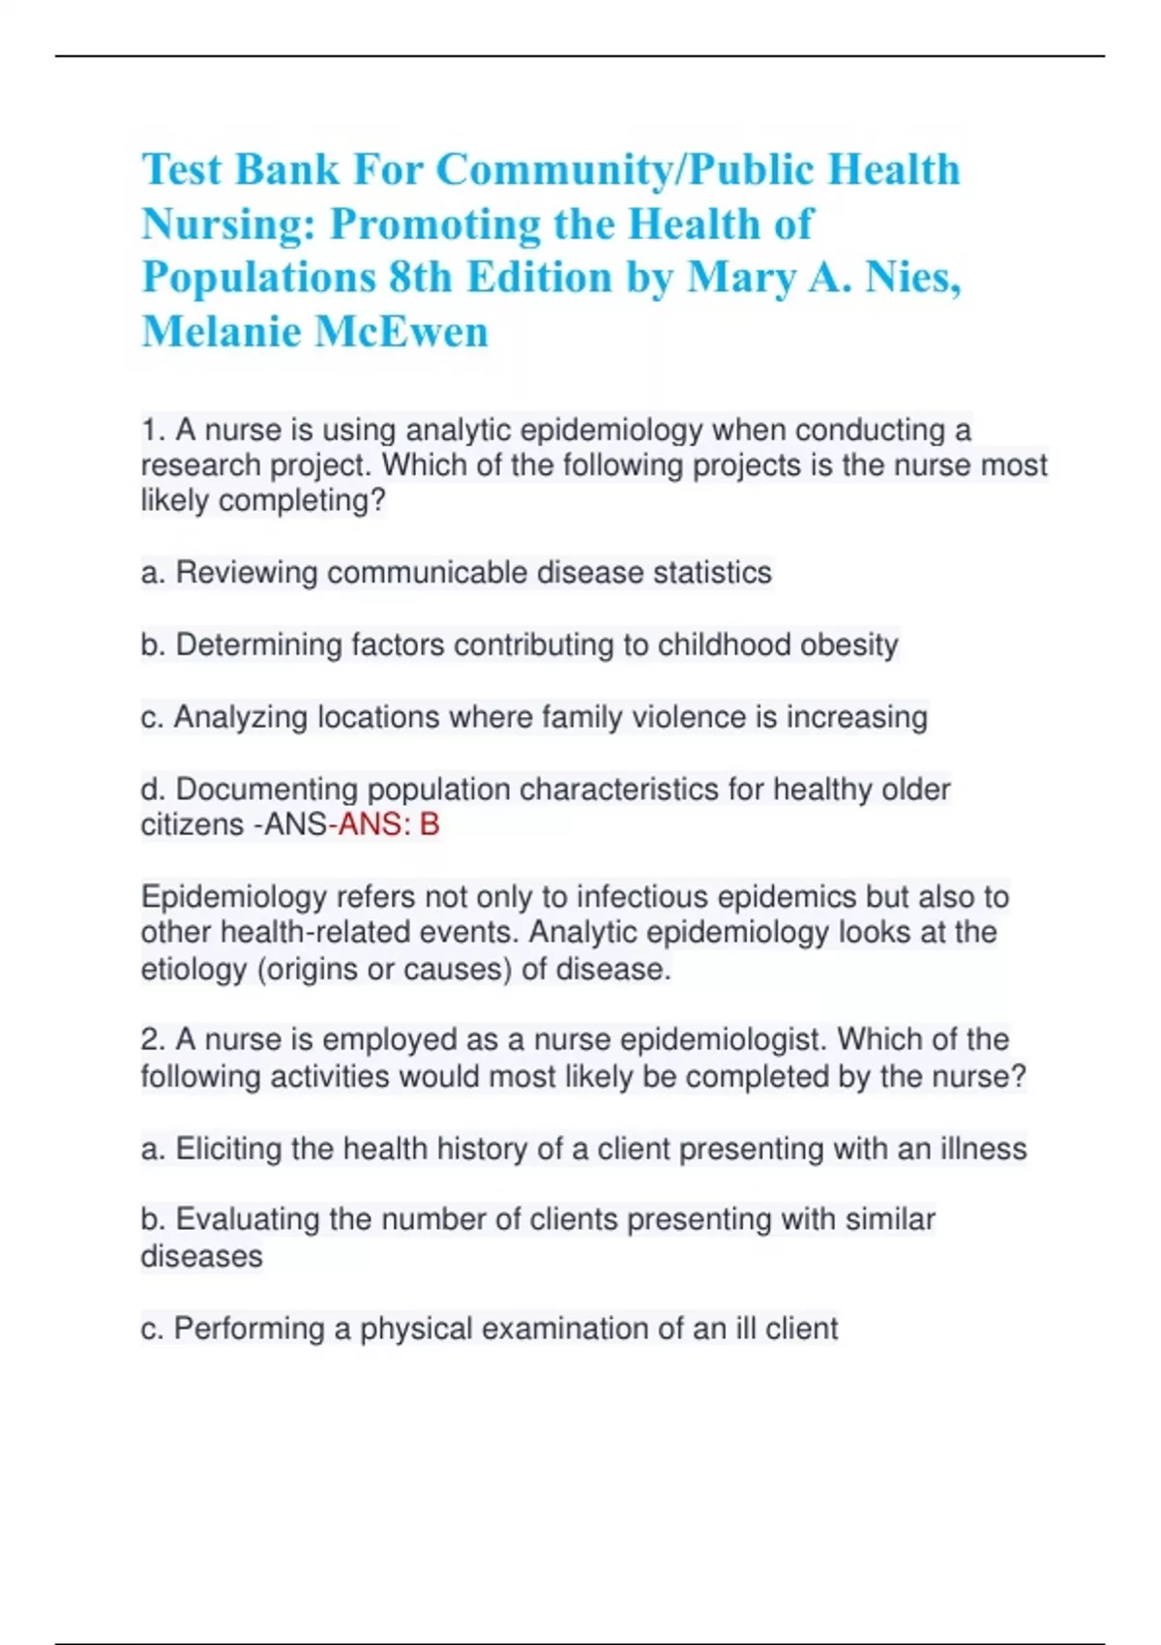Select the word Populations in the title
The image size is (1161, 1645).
click(257, 278)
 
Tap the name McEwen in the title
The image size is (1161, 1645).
click(402, 332)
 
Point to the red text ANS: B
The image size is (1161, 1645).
click(388, 824)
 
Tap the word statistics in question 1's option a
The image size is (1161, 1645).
click(712, 573)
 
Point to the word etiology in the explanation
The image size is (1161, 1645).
click(193, 969)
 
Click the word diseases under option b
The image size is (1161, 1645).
click(201, 1256)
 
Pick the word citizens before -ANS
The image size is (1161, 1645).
click(192, 824)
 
